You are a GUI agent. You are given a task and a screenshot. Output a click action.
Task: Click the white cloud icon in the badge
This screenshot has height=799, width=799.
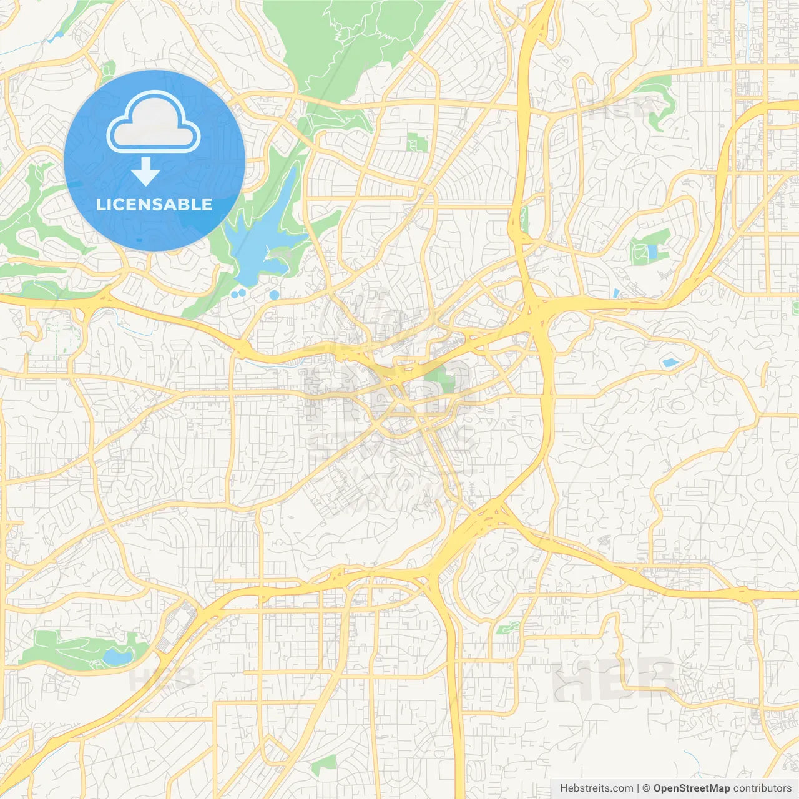[x=154, y=122]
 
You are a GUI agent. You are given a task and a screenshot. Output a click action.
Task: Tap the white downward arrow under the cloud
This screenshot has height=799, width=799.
[x=145, y=172]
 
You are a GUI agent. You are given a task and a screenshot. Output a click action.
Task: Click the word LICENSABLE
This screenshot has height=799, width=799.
[x=154, y=204]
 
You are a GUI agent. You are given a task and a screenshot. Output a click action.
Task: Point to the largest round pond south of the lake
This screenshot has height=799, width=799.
[x=273, y=294]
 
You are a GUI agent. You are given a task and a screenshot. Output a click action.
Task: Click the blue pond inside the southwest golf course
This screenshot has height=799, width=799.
[x=117, y=656]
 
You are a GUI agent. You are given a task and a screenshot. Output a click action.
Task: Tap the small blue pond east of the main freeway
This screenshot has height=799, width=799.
[x=670, y=362]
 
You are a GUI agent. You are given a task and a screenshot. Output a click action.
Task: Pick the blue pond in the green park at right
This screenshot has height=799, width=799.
[x=652, y=252]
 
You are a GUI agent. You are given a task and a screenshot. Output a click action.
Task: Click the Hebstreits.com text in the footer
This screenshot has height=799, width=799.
[x=596, y=788]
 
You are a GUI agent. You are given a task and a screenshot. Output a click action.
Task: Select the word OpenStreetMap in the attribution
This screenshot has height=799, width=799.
[x=692, y=788]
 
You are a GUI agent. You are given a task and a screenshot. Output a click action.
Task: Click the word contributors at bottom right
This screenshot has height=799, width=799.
[x=762, y=788]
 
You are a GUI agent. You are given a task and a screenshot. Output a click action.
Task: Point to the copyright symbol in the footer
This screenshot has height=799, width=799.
[x=647, y=788]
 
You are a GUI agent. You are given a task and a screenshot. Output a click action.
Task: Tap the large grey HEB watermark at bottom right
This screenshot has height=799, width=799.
[x=615, y=680]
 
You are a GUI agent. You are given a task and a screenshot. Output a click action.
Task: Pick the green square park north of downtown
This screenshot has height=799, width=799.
[x=417, y=142]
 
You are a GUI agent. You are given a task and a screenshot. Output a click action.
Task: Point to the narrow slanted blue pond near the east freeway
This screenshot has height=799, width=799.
[x=616, y=293]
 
